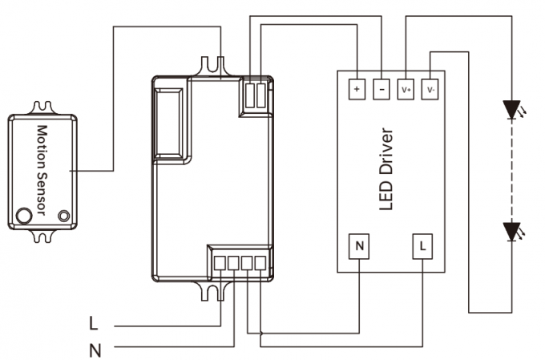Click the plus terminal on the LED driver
point(357,88)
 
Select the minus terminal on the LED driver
point(381,88)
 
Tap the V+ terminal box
point(406,88)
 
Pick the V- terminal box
point(431,88)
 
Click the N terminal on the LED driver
point(360,246)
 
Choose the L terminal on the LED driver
point(422,246)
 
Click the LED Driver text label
point(387,168)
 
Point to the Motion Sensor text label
point(42,170)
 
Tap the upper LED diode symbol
point(511,110)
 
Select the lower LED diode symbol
point(511,233)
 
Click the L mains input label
point(94,325)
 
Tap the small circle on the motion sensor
point(63,214)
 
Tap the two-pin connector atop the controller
point(254,95)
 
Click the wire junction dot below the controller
point(259,332)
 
